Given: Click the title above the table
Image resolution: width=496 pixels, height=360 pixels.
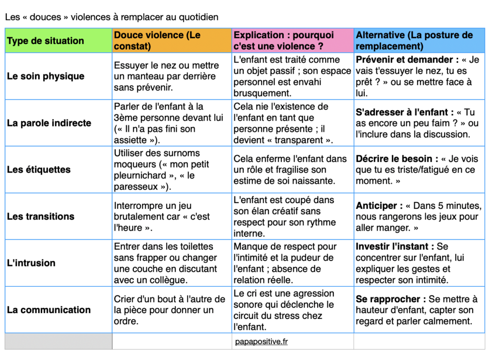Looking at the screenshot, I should pyautogui.click(x=111, y=17).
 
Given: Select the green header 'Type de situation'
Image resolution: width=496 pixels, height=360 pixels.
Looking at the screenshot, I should pyautogui.click(x=45, y=41).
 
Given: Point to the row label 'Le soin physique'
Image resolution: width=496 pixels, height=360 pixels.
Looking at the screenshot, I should pyautogui.click(x=46, y=76).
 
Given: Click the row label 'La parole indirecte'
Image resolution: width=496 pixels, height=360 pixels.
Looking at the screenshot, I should pyautogui.click(x=49, y=123).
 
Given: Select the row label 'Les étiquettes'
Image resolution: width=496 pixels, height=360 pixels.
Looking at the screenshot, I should pyautogui.click(x=39, y=170).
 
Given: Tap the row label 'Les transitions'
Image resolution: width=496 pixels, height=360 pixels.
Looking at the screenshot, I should pyautogui.click(x=41, y=216).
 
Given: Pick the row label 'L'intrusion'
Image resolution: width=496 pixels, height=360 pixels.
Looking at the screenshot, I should pyautogui.click(x=31, y=263).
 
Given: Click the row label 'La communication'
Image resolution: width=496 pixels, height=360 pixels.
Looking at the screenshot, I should pyautogui.click(x=48, y=310).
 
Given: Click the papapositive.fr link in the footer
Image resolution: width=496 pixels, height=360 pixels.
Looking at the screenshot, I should pyautogui.click(x=262, y=342).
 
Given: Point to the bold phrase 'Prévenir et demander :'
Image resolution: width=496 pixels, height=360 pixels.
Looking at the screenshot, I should pyautogui.click(x=407, y=60).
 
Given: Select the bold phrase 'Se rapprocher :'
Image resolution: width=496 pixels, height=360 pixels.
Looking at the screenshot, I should pyautogui.click(x=390, y=299).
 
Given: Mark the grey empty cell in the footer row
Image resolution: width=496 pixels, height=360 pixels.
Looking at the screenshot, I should pyautogui.click(x=58, y=342).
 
